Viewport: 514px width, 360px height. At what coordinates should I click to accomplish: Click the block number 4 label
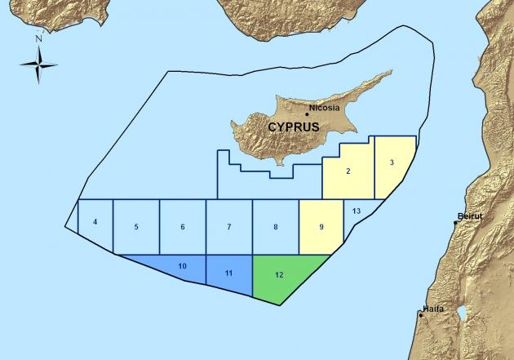95,222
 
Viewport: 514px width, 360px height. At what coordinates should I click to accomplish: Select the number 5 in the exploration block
136,226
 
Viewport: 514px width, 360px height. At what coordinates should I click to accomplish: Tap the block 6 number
183,226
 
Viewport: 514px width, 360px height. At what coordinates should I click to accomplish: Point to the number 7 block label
230,226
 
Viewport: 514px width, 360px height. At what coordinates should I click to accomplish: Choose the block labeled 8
276,226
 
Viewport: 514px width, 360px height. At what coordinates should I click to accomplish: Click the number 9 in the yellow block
321,226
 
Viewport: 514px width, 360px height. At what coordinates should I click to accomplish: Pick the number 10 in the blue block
182,266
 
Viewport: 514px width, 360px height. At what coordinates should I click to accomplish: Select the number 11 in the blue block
229,271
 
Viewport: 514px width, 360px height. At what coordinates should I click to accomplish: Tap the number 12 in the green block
280,274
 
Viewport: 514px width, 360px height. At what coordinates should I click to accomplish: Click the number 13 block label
357,211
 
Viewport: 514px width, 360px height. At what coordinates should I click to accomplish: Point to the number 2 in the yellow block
348,171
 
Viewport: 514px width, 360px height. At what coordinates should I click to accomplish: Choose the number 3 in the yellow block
392,162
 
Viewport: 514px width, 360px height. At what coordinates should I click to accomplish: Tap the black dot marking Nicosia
307,113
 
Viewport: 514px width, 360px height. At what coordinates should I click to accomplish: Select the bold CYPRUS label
293,127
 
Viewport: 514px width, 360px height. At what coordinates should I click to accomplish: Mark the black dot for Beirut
456,222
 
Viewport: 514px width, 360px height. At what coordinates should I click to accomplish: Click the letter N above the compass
38,38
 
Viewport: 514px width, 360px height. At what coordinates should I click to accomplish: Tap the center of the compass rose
38,64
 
